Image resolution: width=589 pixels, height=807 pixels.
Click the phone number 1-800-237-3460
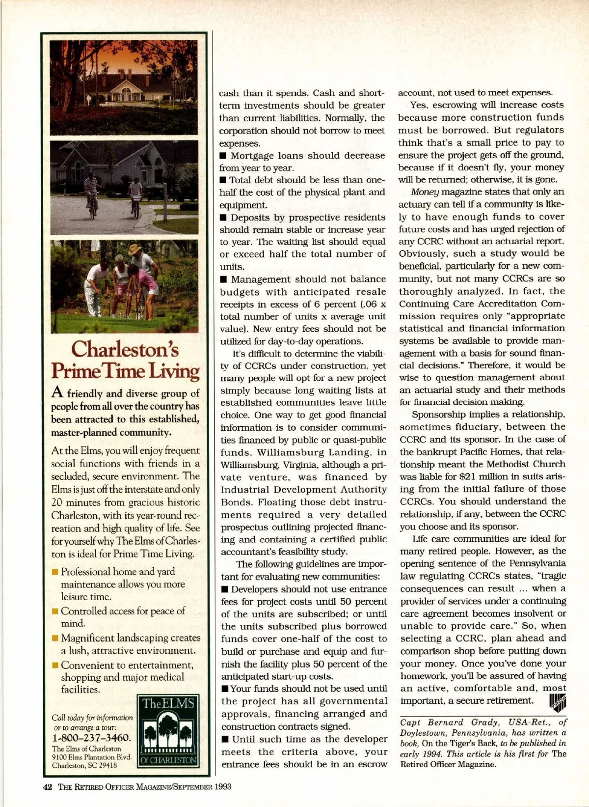click(x=92, y=738)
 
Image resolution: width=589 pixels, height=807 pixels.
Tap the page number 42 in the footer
click(x=48, y=786)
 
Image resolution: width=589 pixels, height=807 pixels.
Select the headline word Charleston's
click(x=125, y=349)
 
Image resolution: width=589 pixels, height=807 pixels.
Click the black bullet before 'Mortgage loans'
click(x=223, y=156)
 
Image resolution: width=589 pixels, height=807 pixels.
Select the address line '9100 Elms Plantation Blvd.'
click(x=92, y=757)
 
